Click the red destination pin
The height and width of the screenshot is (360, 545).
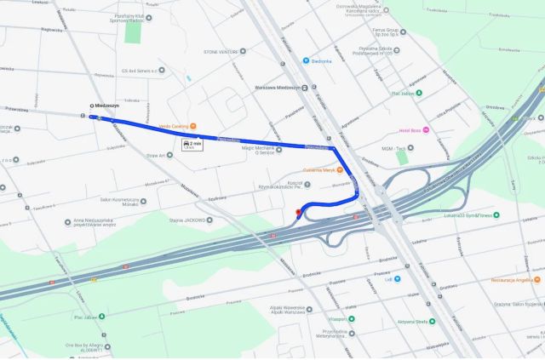point(297,212)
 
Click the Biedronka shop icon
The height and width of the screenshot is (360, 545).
point(305,60)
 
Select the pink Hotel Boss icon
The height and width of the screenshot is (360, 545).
point(426,129)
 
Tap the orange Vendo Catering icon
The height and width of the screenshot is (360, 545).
point(192,125)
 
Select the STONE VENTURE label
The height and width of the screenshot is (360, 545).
point(221,51)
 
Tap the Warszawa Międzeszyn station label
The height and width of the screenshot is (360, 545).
point(278,87)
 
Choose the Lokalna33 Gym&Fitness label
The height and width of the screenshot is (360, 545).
point(464,215)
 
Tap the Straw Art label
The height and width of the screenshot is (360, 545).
point(154,156)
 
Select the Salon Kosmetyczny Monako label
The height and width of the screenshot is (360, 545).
point(119,202)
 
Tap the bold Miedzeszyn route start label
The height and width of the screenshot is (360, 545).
point(106,106)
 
